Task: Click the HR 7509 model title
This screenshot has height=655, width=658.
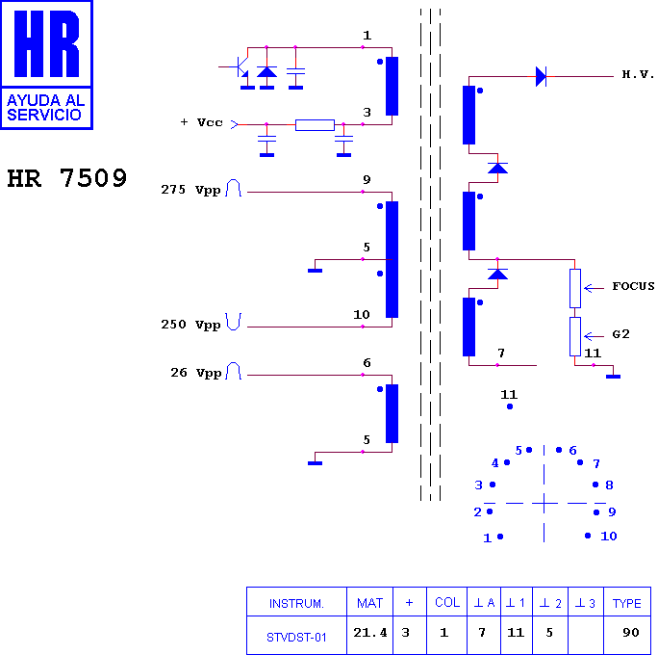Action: pos(67,178)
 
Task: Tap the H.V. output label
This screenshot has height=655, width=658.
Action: pos(638,75)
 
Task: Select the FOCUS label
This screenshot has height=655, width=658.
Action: pos(633,286)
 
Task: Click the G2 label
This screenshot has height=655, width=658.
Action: pos(621,334)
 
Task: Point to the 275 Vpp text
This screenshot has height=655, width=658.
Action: pos(190,190)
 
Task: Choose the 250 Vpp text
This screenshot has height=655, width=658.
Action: pos(190,325)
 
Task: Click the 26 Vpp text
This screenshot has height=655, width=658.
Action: pos(196,373)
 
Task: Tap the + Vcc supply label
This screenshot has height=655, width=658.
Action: pos(201,122)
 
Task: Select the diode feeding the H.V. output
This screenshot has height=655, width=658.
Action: pos(541,76)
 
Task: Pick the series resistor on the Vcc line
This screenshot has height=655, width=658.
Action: pos(315,125)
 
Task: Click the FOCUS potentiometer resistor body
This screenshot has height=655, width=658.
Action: pos(575,288)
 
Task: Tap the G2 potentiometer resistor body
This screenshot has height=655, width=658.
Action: pos(575,336)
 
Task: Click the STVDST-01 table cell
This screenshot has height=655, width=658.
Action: pos(296,638)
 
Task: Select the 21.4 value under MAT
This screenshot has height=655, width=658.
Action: pos(370,632)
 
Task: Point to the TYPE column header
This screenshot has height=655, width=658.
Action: pos(626,603)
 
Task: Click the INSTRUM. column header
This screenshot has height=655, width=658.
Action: pos(296,604)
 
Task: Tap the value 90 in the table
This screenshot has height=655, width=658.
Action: pos(631,632)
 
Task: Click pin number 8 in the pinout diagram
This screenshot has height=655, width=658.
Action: pos(609,485)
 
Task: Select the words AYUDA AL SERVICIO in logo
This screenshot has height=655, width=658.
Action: pos(46,108)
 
